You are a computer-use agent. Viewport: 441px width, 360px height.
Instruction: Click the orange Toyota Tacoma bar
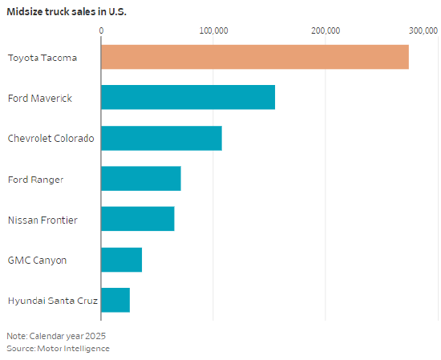(255, 57)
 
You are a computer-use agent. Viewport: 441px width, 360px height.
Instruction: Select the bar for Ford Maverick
(188, 97)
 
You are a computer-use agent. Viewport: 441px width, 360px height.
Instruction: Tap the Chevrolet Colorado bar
(161, 138)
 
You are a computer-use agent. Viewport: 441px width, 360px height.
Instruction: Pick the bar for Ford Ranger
(141, 179)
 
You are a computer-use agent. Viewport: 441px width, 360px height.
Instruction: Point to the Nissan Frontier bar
(138, 219)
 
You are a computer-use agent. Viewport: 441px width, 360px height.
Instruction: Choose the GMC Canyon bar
(122, 260)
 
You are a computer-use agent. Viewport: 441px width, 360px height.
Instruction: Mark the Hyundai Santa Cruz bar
(115, 300)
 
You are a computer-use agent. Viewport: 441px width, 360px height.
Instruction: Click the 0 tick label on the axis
(101, 30)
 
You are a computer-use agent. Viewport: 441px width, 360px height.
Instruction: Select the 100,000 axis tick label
(213, 30)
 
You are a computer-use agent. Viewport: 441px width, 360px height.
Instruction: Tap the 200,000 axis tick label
(326, 30)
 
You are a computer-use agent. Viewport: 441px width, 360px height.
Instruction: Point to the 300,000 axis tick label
(423, 30)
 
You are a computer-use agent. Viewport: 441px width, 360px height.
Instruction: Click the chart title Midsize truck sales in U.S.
(67, 12)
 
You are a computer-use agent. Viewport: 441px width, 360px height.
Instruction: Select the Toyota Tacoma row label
(42, 58)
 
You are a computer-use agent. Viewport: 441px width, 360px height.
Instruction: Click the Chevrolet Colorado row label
(51, 139)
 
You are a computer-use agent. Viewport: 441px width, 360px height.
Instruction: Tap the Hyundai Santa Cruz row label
(53, 301)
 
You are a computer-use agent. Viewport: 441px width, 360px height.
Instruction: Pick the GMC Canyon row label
(37, 261)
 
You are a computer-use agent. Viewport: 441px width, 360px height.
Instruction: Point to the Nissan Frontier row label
(42, 220)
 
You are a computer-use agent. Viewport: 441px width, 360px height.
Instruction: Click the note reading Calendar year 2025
(56, 336)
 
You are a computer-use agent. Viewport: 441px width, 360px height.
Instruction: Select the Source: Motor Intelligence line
(59, 349)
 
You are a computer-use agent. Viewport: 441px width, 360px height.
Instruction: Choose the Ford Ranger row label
(36, 180)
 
